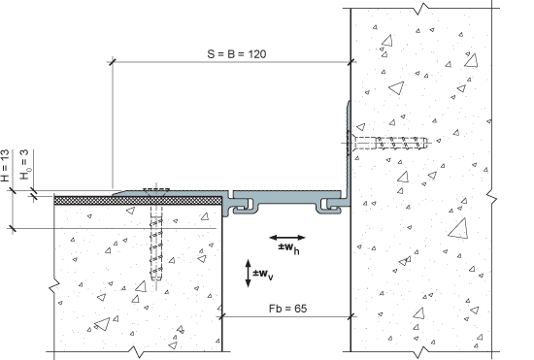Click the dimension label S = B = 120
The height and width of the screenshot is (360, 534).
[237, 54]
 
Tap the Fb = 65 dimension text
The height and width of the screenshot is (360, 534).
[287, 309]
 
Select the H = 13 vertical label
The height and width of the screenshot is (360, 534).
[5, 165]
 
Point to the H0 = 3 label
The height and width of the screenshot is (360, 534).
[25, 164]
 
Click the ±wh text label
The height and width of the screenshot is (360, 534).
[288, 248]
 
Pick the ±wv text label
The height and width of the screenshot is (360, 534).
[263, 274]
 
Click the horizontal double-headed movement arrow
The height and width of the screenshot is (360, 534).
[287, 238]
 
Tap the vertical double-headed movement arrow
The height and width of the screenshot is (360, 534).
[248, 274]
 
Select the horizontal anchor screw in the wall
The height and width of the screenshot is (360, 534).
[387, 143]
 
